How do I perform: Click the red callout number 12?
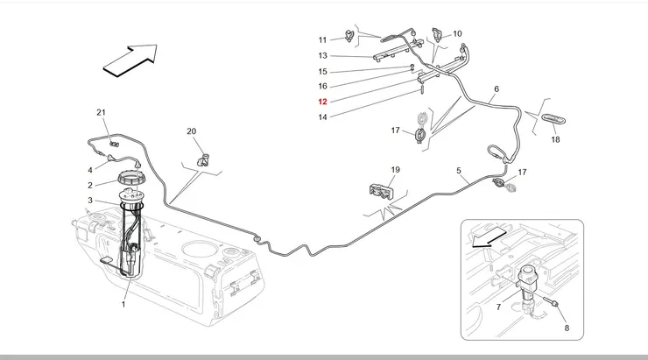(322, 102)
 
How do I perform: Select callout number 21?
(101, 113)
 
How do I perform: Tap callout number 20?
(192, 131)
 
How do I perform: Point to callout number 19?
(395, 169)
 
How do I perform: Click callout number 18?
(555, 139)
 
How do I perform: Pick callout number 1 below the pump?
(123, 305)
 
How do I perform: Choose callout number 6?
(496, 89)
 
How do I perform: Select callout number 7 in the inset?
(497, 307)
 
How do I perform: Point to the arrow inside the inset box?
(488, 236)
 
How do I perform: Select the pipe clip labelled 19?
(382, 190)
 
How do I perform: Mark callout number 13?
(322, 56)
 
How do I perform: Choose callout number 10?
(457, 34)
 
